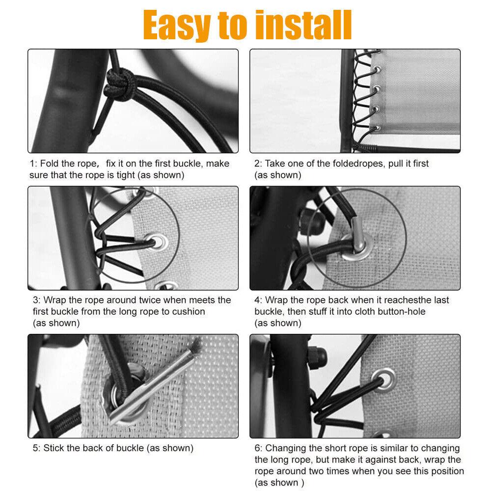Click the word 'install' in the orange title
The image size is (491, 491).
303,25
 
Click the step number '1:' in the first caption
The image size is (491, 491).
33,164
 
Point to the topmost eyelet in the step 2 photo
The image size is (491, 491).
378,69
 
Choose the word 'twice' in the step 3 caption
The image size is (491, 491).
150,300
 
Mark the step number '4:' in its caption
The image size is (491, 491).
258,300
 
